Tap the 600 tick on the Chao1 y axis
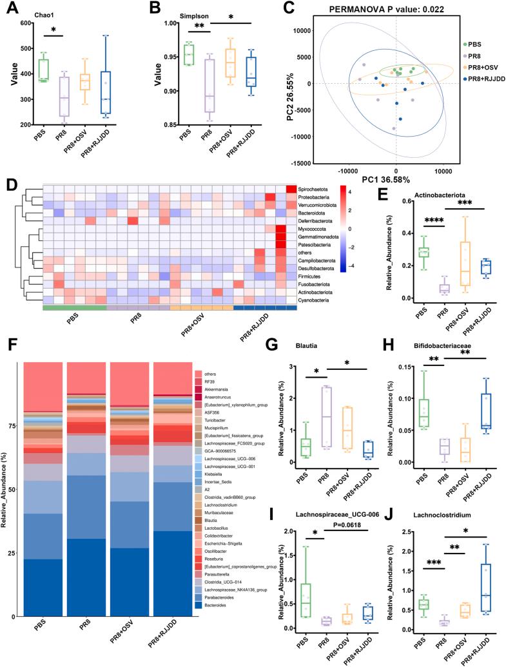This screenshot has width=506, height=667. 26,23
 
